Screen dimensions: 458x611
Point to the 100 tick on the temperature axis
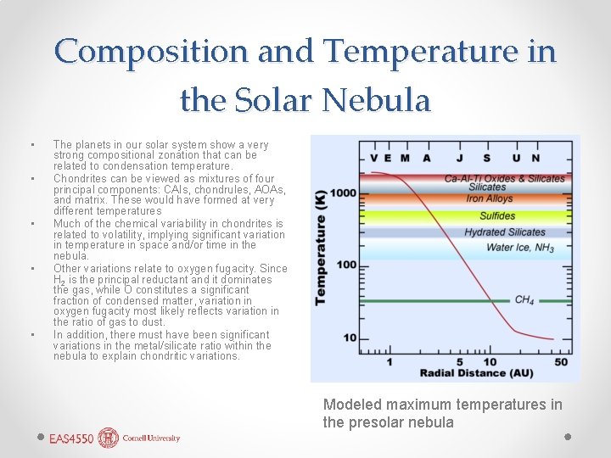pyautogui.click(x=347, y=265)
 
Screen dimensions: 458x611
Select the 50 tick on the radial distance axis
pyautogui.click(x=561, y=362)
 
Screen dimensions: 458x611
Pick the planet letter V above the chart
pyautogui.click(x=373, y=157)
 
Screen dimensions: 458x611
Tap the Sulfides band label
pyautogui.click(x=497, y=215)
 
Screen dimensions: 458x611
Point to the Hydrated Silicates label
pyautogui.click(x=504, y=232)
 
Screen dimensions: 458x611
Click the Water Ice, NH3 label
pyautogui.click(x=520, y=249)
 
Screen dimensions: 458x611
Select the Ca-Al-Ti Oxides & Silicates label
pyautogui.click(x=504, y=178)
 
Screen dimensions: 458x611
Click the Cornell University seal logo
pyautogui.click(x=109, y=438)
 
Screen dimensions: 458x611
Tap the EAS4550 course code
pyautogui.click(x=72, y=438)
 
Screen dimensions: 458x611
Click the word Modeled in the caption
pyautogui.click(x=350, y=405)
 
